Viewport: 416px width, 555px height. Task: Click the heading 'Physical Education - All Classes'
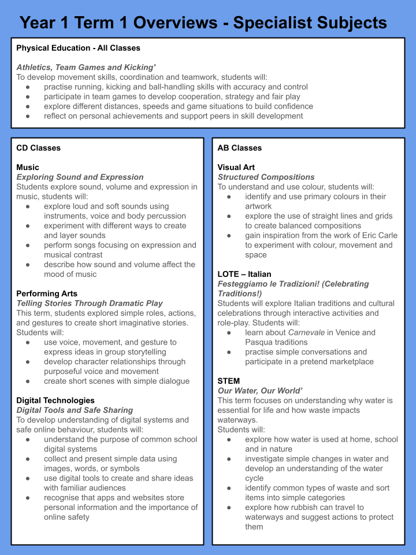click(x=78, y=48)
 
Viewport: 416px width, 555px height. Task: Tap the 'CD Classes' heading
click(x=38, y=148)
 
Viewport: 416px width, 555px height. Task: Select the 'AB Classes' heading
click(x=239, y=148)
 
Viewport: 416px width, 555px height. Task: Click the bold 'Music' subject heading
click(x=28, y=168)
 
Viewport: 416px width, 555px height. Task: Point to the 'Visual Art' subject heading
click(x=236, y=168)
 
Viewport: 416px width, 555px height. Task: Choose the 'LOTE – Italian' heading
click(x=244, y=274)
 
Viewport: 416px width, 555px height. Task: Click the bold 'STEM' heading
click(x=229, y=381)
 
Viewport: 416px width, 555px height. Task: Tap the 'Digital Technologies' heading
click(x=55, y=400)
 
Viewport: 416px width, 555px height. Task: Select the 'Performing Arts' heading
click(x=47, y=294)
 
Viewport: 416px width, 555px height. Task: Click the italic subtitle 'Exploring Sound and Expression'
click(x=80, y=177)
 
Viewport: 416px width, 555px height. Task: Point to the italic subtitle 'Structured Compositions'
click(x=266, y=177)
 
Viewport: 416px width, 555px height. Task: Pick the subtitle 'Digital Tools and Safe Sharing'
click(x=75, y=410)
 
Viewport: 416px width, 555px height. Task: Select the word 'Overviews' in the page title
click(x=172, y=23)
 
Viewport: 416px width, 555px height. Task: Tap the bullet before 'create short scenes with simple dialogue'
click(x=28, y=381)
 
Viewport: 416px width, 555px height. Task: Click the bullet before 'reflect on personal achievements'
click(x=28, y=116)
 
